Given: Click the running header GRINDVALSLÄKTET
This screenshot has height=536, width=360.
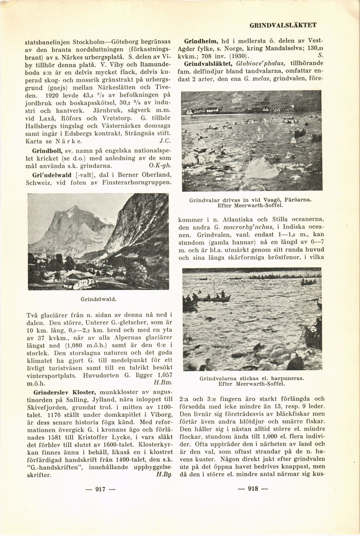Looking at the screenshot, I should click(x=283, y=25).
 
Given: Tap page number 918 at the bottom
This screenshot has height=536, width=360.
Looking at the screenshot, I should click(x=253, y=489).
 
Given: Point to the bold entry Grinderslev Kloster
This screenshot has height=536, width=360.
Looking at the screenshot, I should click(x=65, y=392).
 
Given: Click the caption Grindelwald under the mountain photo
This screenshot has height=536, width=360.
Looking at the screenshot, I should click(x=99, y=299).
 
